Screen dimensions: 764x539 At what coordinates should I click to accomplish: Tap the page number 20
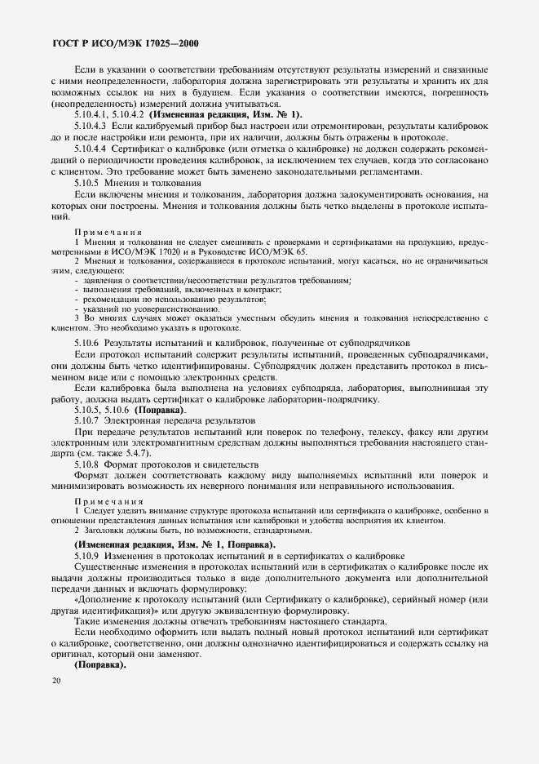55,681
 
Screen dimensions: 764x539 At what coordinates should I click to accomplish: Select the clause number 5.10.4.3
91,127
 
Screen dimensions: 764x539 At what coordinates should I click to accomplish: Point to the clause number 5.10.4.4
91,149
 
